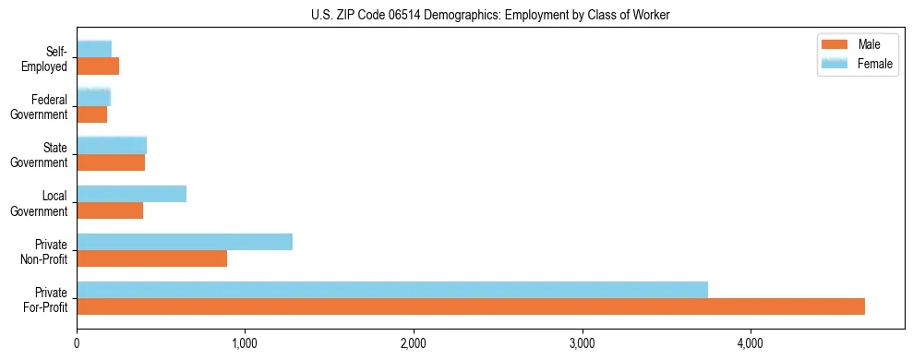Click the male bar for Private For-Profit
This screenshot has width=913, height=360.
[x=471, y=306]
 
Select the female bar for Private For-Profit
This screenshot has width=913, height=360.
[x=392, y=290]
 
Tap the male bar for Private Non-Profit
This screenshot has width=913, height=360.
[x=152, y=258]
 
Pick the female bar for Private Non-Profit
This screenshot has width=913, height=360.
[x=185, y=242]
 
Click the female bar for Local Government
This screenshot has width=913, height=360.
[x=132, y=194]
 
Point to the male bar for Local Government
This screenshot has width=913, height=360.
[x=110, y=210]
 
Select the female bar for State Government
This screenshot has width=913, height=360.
[x=112, y=145]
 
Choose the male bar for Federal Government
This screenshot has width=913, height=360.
[x=92, y=114]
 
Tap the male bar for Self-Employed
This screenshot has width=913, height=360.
[x=98, y=66]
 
